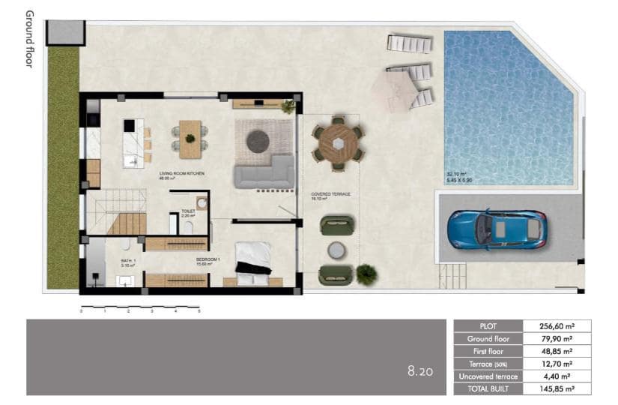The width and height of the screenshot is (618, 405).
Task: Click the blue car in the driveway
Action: (497, 229)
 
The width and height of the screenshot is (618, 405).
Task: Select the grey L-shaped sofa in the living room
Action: (264, 173)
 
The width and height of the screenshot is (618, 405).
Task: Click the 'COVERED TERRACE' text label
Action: (330, 193)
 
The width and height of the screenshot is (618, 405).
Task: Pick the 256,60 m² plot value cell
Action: (557, 326)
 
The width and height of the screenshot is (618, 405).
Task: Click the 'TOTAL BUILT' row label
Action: (488, 388)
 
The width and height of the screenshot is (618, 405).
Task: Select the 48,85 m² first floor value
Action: (557, 351)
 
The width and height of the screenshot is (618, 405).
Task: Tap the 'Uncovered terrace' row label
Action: (488, 376)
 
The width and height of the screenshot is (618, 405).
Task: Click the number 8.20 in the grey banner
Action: (419, 370)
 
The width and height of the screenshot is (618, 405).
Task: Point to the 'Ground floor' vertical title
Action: (29, 39)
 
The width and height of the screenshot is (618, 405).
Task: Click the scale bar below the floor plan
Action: (140, 307)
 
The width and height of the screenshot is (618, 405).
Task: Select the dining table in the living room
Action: (190, 139)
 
